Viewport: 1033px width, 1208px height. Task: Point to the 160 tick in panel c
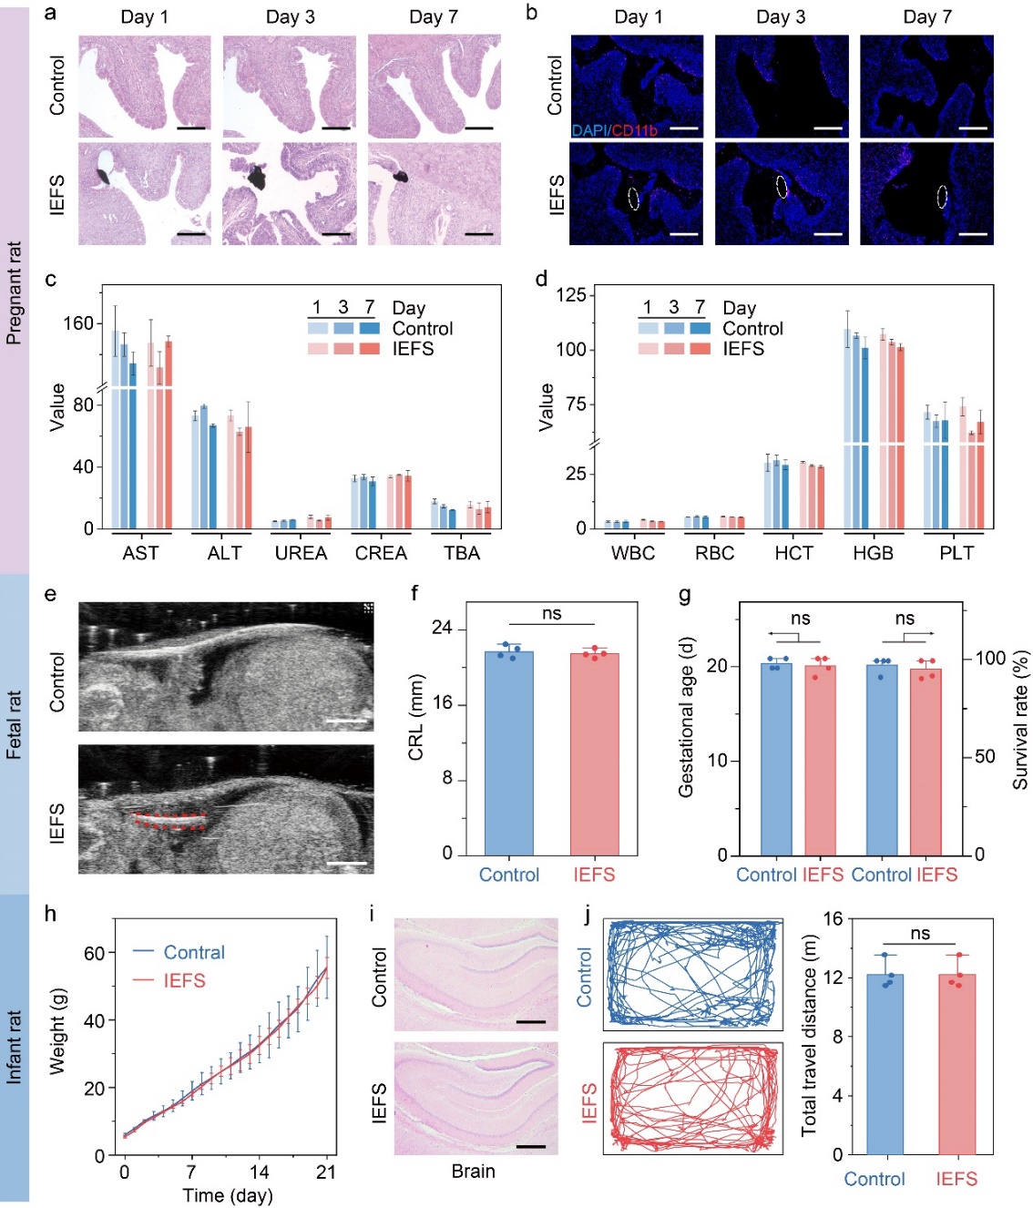pyautogui.click(x=78, y=323)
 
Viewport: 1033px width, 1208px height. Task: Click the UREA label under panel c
pyautogui.click(x=301, y=553)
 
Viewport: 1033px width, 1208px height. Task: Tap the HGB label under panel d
pyautogui.click(x=873, y=553)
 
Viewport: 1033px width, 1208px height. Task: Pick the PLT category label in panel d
pyautogui.click(x=956, y=553)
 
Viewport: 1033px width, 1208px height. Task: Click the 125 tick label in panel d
pyautogui.click(x=571, y=295)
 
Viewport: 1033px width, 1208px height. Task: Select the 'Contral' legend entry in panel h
pyautogui.click(x=194, y=952)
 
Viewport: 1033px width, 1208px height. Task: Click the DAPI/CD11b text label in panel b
pyautogui.click(x=615, y=130)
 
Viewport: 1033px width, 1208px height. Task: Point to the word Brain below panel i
pyautogui.click(x=474, y=1172)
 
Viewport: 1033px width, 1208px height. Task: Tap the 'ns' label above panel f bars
pyautogui.click(x=552, y=613)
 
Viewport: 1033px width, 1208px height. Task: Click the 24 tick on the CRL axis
pyautogui.click(x=442, y=628)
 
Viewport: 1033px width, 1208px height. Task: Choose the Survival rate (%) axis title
pyautogui.click(x=1020, y=720)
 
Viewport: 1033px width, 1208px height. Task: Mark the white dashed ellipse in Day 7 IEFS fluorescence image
pyautogui.click(x=943, y=196)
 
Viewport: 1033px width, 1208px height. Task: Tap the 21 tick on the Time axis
pyautogui.click(x=326, y=1172)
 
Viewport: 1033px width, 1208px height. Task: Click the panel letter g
pyautogui.click(x=685, y=596)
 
